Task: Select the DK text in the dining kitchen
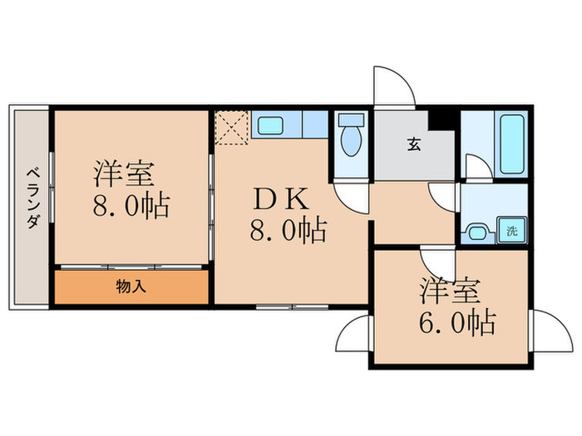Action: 283,199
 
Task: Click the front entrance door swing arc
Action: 392,86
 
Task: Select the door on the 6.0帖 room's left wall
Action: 353,334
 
